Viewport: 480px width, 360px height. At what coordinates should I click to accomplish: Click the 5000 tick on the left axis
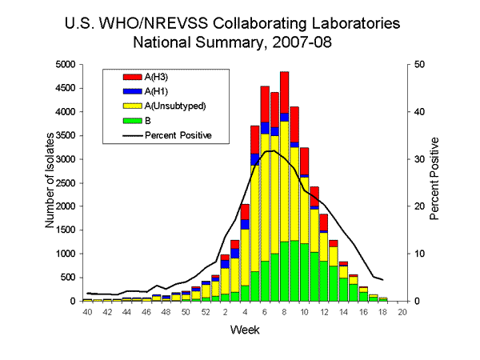[66, 64]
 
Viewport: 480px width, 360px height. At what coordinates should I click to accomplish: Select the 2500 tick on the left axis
[66, 182]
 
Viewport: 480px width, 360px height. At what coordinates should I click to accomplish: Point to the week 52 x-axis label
[206, 312]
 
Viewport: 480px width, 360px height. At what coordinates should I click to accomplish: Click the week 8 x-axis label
[285, 312]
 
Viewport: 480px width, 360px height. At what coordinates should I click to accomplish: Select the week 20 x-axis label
[402, 312]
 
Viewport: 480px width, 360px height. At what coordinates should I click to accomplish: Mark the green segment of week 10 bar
[304, 272]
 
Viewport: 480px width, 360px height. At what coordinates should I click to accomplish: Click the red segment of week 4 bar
[245, 212]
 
